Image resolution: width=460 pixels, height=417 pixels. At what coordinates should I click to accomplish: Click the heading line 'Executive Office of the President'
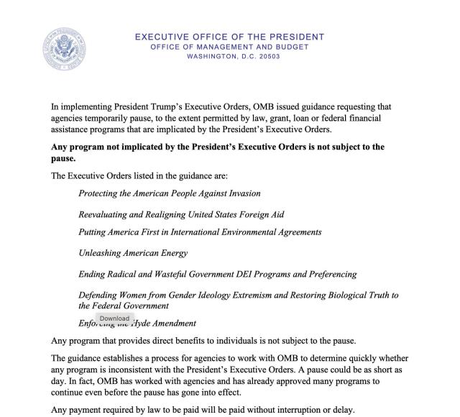coord(229,37)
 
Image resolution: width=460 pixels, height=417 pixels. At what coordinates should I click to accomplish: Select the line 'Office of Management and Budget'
coord(229,47)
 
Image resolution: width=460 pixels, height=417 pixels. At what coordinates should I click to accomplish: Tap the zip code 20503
coord(265,56)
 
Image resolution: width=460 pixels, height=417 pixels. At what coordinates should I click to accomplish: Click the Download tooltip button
coord(114,318)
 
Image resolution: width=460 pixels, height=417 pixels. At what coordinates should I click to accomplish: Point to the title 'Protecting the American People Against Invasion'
coord(170,193)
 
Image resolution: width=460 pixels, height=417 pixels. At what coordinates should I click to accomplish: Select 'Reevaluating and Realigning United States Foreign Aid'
coord(182,214)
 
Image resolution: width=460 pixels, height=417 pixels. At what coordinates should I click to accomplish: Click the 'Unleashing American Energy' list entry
coord(133,252)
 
